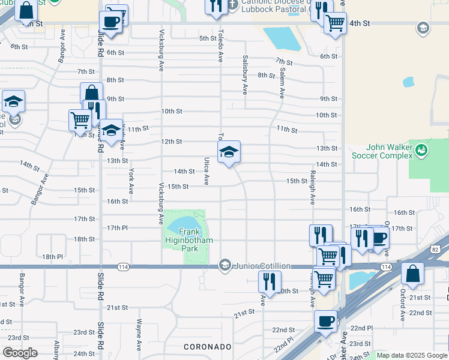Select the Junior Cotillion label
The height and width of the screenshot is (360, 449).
[262, 265]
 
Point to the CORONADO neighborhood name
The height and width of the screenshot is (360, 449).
[208, 347]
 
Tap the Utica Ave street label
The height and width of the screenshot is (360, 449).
[206, 171]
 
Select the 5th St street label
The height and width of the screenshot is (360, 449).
[207, 38]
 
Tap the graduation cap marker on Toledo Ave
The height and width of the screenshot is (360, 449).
[229, 153]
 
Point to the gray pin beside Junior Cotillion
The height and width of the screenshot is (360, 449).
[225, 265]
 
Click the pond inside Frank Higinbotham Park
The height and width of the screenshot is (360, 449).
[182, 226]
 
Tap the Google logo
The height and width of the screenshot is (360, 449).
[20, 353]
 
